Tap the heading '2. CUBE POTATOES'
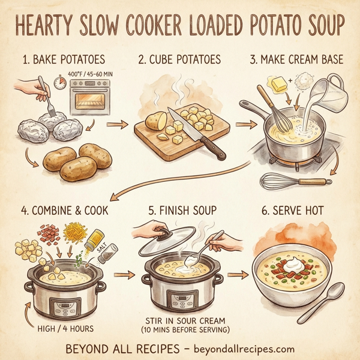(x=179, y=60)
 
